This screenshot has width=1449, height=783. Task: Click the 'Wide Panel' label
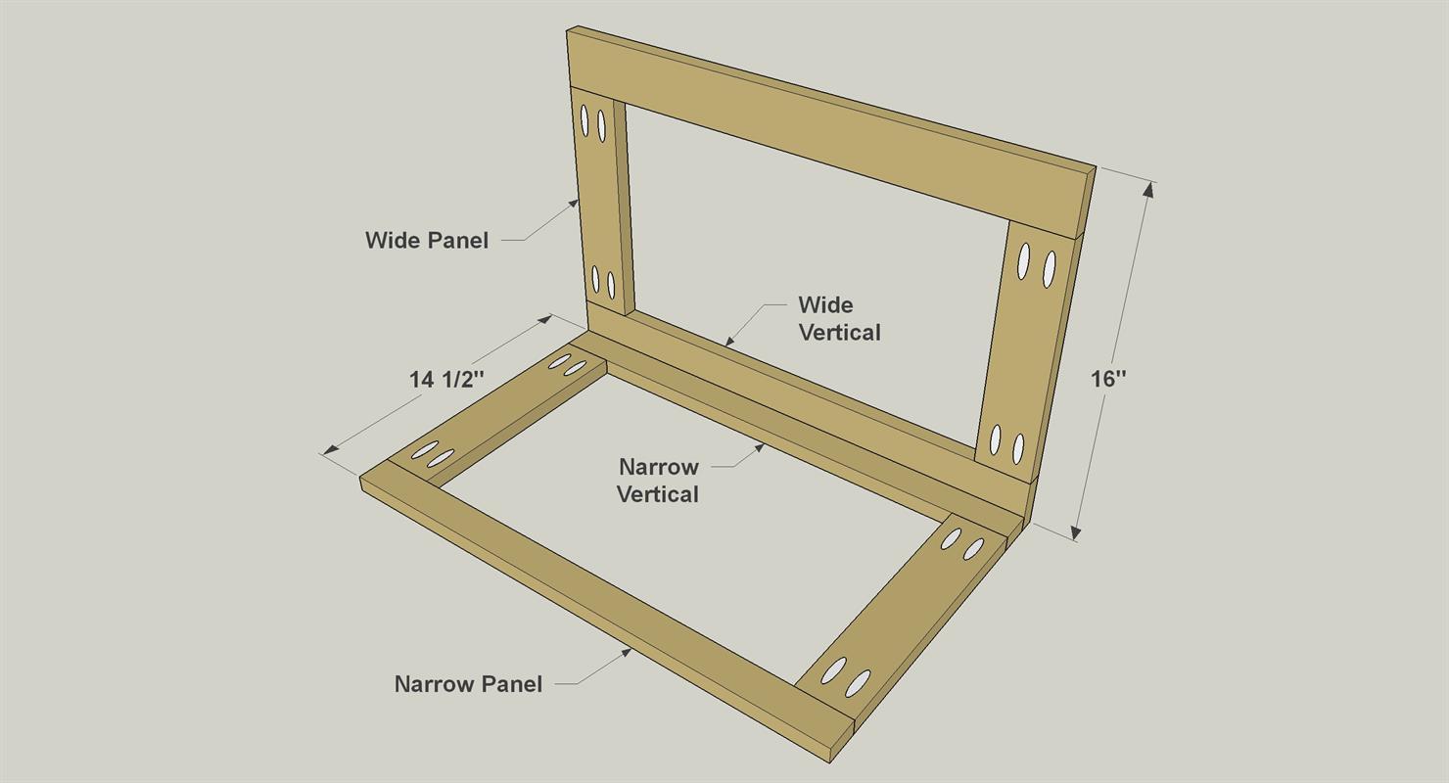[x=427, y=241]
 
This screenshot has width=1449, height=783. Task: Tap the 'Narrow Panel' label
[x=468, y=684]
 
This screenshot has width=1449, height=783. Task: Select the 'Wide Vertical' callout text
[x=839, y=319]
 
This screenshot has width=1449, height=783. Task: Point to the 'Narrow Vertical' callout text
[x=658, y=481]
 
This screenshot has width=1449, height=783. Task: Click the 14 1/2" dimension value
[x=446, y=380]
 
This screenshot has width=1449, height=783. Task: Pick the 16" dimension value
[x=1108, y=379]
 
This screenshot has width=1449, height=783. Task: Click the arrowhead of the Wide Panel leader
[x=574, y=203]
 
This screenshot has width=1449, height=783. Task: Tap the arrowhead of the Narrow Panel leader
[x=627, y=653]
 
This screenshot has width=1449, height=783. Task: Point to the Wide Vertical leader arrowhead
[x=728, y=342]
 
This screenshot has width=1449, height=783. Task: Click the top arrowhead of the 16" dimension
[x=1148, y=189]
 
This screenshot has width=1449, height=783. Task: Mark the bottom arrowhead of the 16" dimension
[x=1075, y=532]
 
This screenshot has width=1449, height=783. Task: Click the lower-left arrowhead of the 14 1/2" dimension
[x=331, y=449]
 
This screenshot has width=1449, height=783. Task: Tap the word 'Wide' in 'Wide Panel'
[x=390, y=241]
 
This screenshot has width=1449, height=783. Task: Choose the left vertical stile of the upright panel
[x=601, y=202]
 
